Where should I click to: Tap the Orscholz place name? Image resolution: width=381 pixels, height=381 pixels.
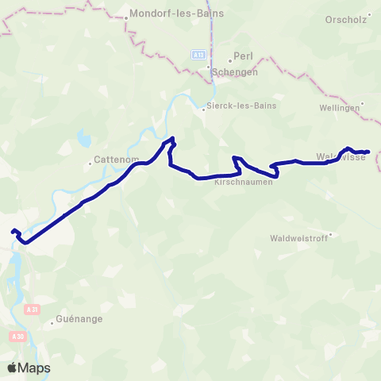[346, 19]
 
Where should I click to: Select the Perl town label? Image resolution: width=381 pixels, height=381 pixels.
[242, 58]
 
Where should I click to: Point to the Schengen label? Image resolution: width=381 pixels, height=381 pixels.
[235, 71]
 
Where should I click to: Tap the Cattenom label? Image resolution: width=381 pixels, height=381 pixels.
[117, 159]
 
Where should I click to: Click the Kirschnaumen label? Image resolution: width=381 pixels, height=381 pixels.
[244, 182]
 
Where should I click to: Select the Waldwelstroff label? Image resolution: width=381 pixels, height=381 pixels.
[298, 238]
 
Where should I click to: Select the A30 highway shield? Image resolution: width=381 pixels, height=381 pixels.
[17, 337]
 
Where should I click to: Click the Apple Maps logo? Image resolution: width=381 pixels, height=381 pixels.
[29, 368]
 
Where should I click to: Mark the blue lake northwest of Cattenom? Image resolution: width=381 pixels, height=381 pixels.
[84, 138]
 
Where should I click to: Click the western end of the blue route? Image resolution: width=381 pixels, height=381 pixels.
[13, 232]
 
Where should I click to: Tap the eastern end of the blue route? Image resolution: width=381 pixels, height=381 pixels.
[369, 152]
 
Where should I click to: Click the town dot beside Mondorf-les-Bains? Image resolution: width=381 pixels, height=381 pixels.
[127, 16]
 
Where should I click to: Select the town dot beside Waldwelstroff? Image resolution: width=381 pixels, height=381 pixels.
[331, 234]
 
